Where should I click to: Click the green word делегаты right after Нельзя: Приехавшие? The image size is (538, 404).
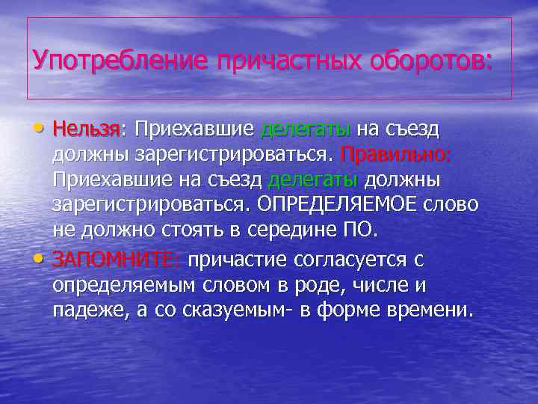pos(305,130)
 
